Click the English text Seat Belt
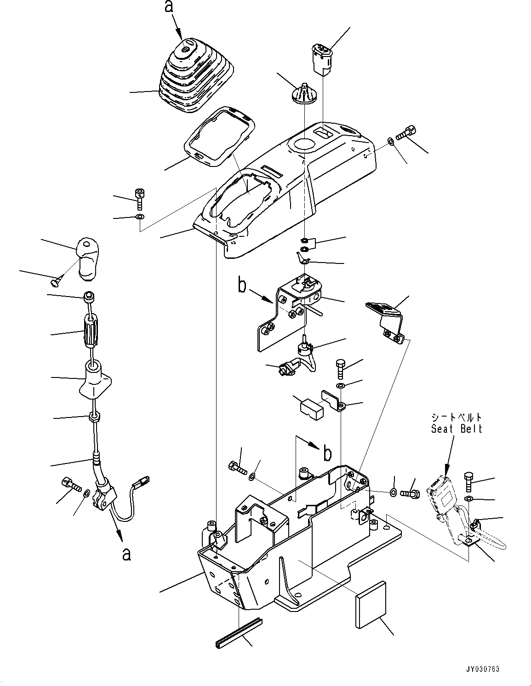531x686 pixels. (x=457, y=429)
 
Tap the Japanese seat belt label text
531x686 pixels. (x=457, y=417)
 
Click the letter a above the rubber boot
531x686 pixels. (x=170, y=6)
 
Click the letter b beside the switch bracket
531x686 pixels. (x=242, y=286)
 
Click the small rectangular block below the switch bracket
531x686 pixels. (x=312, y=410)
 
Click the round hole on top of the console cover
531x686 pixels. (x=304, y=146)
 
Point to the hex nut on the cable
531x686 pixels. (x=94, y=417)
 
